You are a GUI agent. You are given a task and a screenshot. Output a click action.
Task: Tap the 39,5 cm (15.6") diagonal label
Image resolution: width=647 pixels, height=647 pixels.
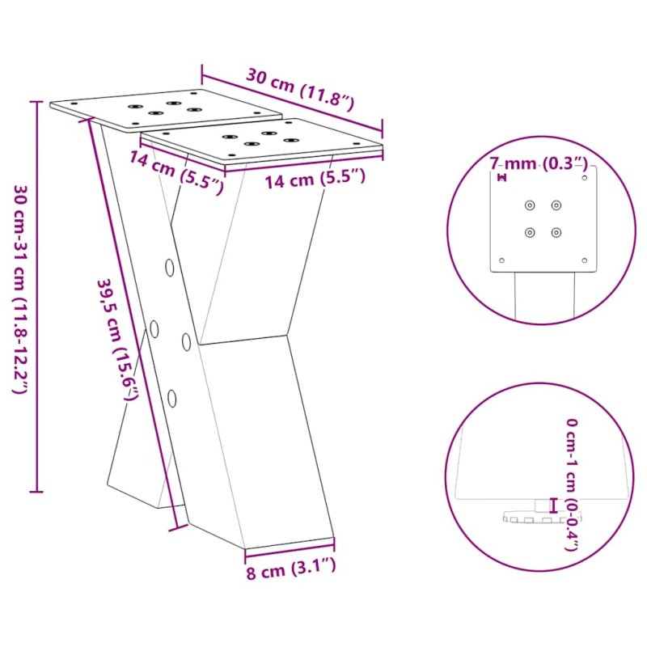[118, 340]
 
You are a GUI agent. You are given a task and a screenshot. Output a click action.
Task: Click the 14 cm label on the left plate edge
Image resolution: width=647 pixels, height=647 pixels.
[175, 172]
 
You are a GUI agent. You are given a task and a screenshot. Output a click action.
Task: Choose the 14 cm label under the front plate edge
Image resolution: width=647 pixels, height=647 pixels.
[315, 179]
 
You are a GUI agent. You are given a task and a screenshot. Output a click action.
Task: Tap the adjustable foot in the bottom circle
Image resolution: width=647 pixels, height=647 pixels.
[534, 515]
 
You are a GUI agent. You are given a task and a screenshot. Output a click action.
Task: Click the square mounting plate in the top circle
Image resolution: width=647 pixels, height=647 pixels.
[543, 219]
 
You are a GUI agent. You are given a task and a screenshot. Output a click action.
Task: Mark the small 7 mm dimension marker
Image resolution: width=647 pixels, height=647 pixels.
[501, 177]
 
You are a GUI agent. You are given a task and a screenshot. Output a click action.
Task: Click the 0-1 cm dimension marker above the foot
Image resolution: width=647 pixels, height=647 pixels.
[553, 505]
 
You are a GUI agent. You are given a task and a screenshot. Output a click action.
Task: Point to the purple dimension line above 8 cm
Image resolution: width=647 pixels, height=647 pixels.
[289, 552]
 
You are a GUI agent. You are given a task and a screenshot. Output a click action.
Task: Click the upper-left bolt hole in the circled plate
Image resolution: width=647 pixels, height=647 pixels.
[530, 205]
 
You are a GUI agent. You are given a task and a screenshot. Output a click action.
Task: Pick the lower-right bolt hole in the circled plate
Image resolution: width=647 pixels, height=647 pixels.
[556, 233]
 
